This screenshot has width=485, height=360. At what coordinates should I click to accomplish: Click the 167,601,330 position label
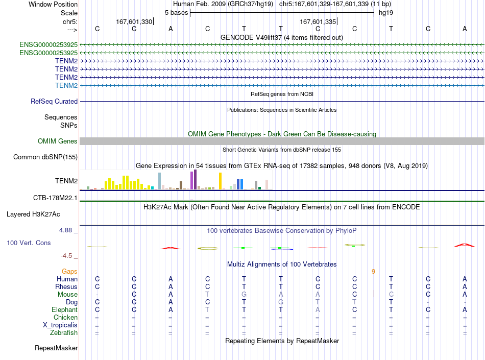click(x=134, y=21)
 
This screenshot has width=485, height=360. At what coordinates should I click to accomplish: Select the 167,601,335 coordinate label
click(x=318, y=21)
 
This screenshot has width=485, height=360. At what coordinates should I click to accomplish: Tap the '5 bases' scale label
click(x=176, y=13)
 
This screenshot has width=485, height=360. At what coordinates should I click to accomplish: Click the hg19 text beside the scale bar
click(x=386, y=13)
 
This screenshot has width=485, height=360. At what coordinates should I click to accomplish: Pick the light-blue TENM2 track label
click(x=66, y=85)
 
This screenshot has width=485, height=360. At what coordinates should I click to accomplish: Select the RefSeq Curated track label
click(x=54, y=101)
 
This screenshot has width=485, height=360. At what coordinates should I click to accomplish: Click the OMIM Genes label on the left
click(x=57, y=141)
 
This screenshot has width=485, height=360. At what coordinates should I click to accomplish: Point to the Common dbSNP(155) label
click(x=45, y=157)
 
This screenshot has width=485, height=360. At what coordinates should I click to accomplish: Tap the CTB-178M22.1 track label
click(x=55, y=198)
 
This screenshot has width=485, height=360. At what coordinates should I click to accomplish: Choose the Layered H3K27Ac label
click(x=33, y=214)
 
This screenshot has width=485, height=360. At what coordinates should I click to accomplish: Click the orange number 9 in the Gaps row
click(x=373, y=271)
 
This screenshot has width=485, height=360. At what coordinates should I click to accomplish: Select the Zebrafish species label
click(x=64, y=332)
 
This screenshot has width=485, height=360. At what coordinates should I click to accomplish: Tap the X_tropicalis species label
click(x=60, y=325)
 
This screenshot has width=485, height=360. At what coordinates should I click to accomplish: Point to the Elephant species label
click(x=65, y=309)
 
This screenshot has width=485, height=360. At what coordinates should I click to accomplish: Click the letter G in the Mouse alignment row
click(x=244, y=294)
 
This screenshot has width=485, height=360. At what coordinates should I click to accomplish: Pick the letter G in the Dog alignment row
click(x=281, y=302)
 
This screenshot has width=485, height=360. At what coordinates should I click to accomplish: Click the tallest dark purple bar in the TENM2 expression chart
click(x=196, y=179)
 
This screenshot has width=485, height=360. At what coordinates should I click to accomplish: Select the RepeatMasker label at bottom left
click(x=56, y=348)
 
